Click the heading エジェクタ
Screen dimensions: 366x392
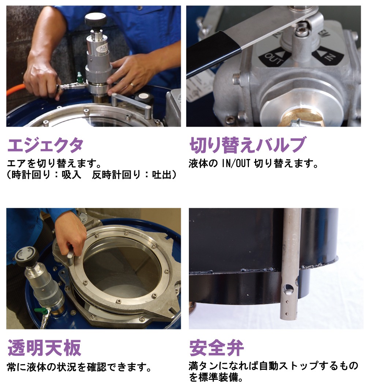45,145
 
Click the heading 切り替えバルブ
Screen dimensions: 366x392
247,145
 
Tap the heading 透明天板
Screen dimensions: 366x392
45,348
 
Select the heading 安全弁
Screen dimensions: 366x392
217,348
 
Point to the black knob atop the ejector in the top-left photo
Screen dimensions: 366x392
96,19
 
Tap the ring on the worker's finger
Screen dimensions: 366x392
131,85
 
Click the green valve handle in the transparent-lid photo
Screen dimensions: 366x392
40,311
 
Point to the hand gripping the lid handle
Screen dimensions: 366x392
70,235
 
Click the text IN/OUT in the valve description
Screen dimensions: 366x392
236,164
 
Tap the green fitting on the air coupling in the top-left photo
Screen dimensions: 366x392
79,78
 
